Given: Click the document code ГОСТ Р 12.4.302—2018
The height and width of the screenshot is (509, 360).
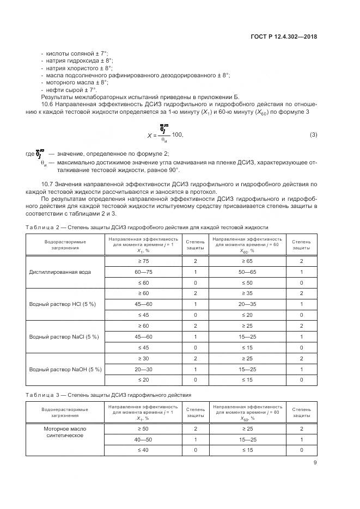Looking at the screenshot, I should (284, 37).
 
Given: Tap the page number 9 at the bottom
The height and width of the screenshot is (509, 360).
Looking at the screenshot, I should (315, 463).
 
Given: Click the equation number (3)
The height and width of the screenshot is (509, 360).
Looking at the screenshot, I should (313, 134).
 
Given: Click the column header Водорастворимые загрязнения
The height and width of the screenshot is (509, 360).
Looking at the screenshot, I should (60, 244).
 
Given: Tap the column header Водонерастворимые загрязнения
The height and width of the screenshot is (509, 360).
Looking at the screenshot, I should (60, 412).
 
